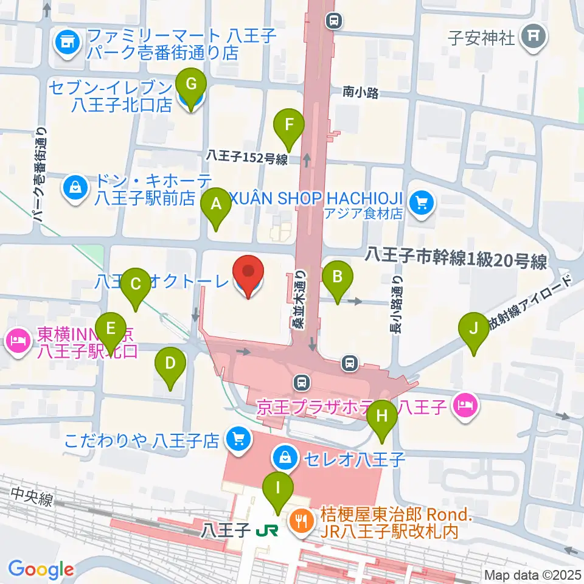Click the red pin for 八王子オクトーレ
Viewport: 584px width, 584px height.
[249, 276]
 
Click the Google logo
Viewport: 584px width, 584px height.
[41, 569]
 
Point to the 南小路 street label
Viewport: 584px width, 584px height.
[361, 92]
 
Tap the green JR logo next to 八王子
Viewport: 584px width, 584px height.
[267, 531]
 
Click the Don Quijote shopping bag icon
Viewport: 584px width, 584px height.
[75, 188]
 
